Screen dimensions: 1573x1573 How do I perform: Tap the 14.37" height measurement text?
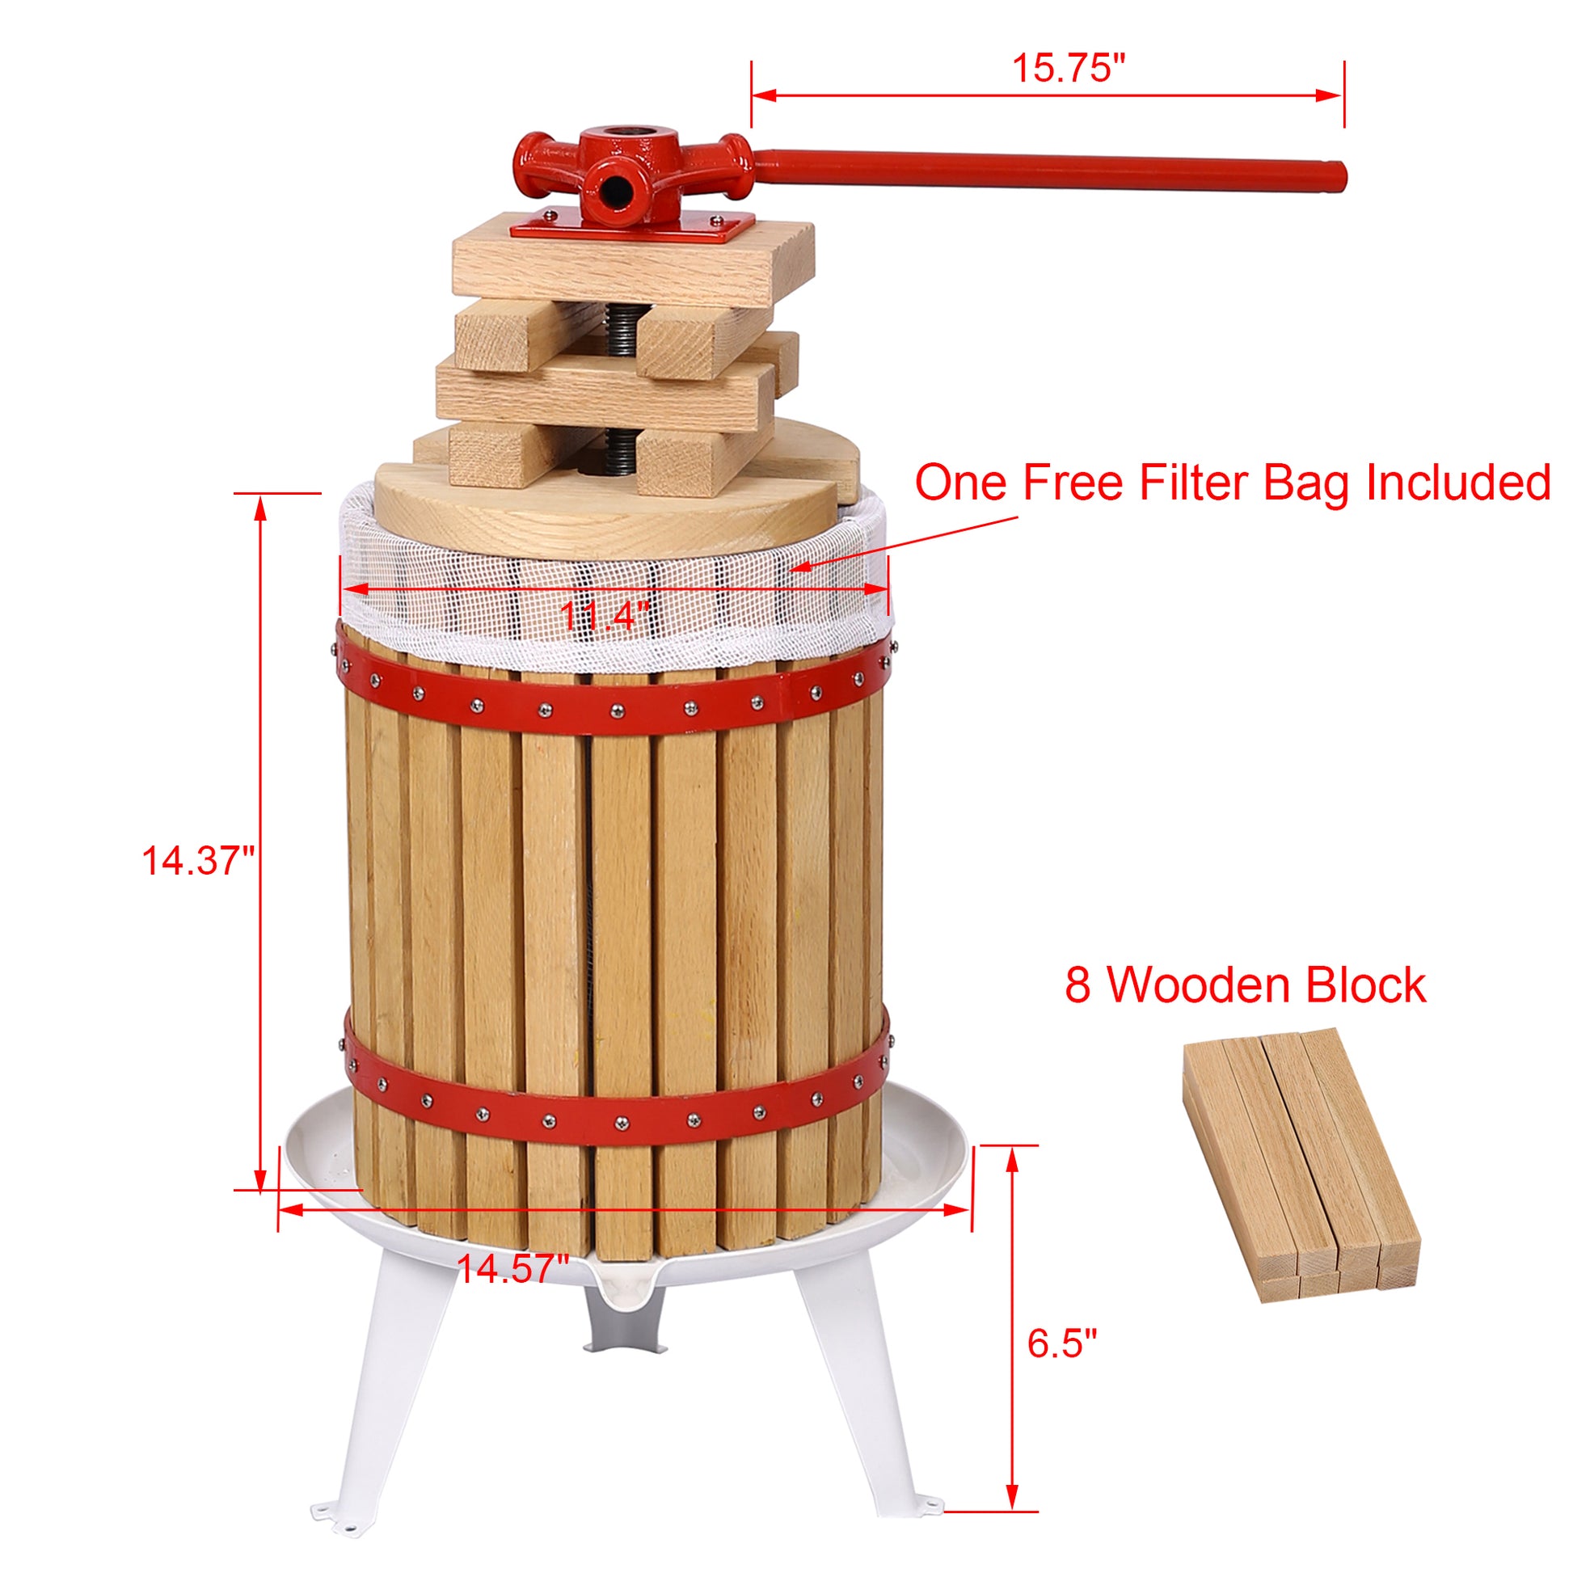pos(198,861)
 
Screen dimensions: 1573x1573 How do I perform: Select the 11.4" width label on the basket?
pos(604,615)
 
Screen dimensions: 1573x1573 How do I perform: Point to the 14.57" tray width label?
pos(512,1268)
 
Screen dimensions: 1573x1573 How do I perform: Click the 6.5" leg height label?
pos(1061,1343)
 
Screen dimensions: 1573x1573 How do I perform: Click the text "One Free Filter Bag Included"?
pos(1232,482)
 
